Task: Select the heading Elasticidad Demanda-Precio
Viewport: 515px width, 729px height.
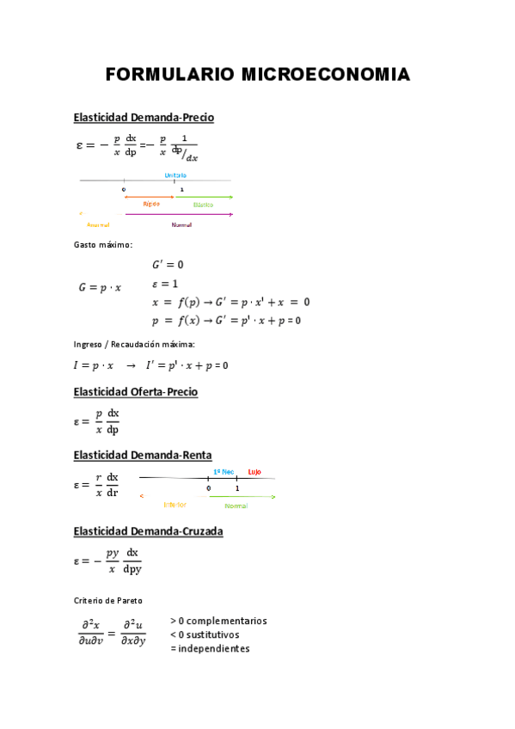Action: pyautogui.click(x=144, y=118)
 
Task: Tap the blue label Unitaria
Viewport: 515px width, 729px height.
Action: pyautogui.click(x=175, y=175)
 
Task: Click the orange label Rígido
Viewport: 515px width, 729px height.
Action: pyautogui.click(x=151, y=205)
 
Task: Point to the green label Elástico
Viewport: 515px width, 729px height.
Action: pyautogui.click(x=203, y=205)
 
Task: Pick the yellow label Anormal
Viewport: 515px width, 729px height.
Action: pyautogui.click(x=98, y=225)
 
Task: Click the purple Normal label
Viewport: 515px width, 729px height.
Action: pyautogui.click(x=181, y=225)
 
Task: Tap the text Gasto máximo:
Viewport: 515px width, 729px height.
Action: pyautogui.click(x=103, y=245)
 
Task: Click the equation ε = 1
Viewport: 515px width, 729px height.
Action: pyautogui.click(x=165, y=284)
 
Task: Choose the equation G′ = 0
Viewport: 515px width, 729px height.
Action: pyautogui.click(x=168, y=265)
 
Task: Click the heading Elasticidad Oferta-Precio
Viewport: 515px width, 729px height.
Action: pyautogui.click(x=136, y=392)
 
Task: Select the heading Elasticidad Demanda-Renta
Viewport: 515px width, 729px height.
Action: pyautogui.click(x=143, y=455)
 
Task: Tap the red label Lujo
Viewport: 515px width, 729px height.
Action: pyautogui.click(x=254, y=472)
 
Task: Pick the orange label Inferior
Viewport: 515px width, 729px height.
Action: pyautogui.click(x=175, y=505)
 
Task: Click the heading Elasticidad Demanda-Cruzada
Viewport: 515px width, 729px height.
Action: pyautogui.click(x=148, y=531)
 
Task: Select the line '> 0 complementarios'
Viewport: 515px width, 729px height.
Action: pyautogui.click(x=218, y=621)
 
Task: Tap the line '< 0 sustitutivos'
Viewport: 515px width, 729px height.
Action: pyautogui.click(x=205, y=634)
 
